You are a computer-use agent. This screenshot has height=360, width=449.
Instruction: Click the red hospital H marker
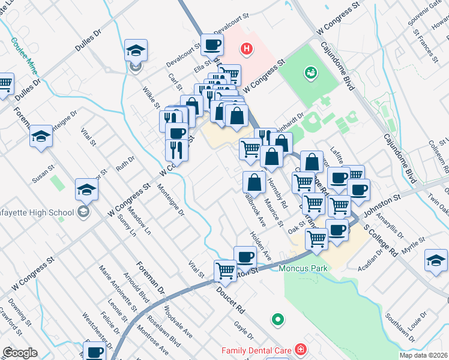246,48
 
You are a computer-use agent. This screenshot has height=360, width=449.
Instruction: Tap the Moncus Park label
303,268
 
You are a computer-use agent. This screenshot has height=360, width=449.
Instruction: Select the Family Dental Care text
256,350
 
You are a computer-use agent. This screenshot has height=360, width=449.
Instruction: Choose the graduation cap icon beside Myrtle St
436,259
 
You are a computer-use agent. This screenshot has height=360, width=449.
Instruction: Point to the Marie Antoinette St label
118,292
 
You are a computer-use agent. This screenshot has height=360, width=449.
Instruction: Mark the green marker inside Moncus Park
277,319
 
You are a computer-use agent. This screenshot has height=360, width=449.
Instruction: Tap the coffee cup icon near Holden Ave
244,256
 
